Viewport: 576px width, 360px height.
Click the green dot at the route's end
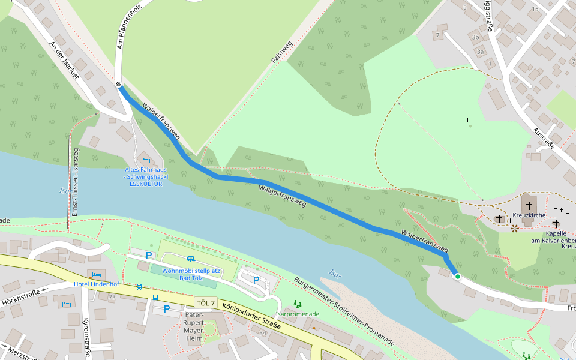click(457, 277)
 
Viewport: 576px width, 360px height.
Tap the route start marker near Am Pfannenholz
click(119, 85)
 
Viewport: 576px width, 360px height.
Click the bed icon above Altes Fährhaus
click(145, 160)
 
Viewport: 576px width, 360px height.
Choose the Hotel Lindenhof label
click(97, 283)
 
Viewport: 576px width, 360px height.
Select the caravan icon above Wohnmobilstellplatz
click(190, 259)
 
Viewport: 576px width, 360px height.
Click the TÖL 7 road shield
click(205, 303)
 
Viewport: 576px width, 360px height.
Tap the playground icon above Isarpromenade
click(296, 304)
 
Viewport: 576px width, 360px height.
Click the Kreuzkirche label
click(529, 215)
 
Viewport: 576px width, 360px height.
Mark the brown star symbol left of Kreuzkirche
click(515, 228)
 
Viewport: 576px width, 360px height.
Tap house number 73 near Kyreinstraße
click(112, 297)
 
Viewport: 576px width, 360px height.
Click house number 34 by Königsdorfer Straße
click(262, 332)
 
